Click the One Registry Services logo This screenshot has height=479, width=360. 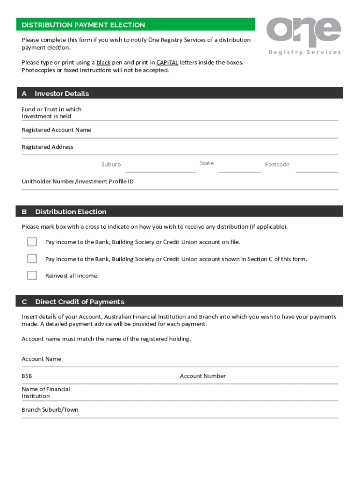[x=304, y=36]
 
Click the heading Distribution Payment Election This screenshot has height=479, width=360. [x=83, y=25]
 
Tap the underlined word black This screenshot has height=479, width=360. [x=103, y=62]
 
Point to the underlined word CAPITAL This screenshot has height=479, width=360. [x=167, y=62]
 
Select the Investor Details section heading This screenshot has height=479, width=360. [x=61, y=94]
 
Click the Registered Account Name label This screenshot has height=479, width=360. [x=57, y=130]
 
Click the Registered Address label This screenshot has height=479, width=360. [x=47, y=147]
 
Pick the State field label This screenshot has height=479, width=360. [x=207, y=163]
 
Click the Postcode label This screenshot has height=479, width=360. [x=277, y=164]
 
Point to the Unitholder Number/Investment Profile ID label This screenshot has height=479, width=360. [x=78, y=181]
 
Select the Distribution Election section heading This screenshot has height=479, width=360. [x=71, y=212]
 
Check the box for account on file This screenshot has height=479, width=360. [x=32, y=242]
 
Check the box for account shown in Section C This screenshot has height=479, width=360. [x=32, y=259]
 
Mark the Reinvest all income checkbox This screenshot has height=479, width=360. [x=32, y=276]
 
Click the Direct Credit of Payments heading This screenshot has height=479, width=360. [x=79, y=302]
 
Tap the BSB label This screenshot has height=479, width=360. [x=27, y=376]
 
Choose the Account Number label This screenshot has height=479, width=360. [x=202, y=376]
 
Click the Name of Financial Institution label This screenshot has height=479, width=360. [x=45, y=392]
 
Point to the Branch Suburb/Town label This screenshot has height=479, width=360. [x=50, y=410]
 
